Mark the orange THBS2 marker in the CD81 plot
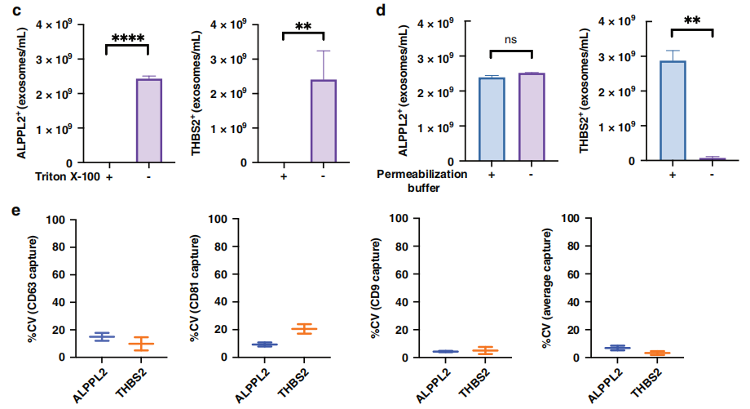[303, 329]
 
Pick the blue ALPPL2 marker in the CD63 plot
[102, 336]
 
